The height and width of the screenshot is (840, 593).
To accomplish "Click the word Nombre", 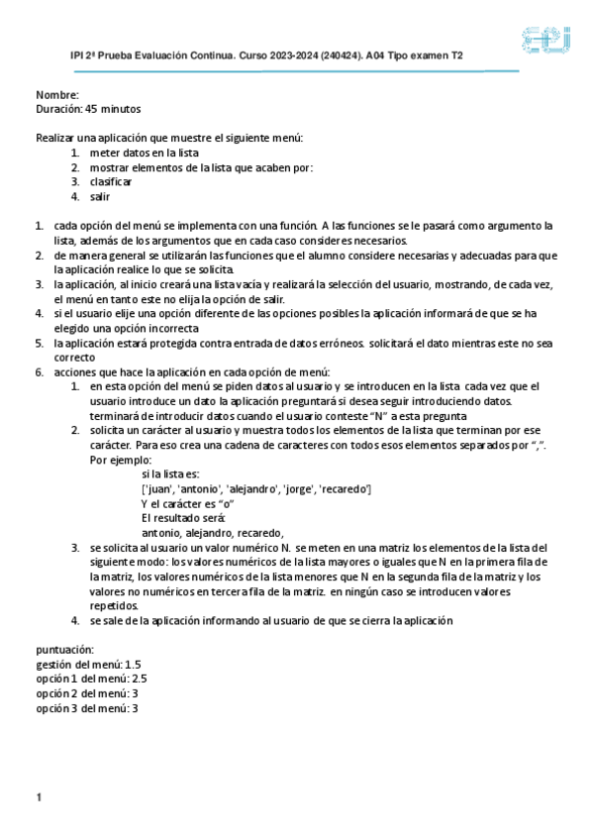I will point(56,95).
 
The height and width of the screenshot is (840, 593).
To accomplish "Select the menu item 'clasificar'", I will point(111,182).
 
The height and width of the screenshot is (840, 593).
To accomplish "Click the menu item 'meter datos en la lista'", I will point(145,154).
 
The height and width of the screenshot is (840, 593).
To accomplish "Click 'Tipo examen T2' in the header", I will point(431,57).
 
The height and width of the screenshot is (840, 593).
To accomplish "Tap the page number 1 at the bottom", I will point(38,797).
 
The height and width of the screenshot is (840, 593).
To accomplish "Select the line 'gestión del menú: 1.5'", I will point(88,665).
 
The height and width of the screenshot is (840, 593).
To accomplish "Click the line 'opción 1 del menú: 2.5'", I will point(91,680).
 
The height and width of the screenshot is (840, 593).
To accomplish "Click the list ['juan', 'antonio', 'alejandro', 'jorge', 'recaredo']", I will point(256,489).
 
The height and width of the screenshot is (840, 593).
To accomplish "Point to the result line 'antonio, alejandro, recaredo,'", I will point(213,532).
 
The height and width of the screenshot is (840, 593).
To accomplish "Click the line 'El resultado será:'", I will point(183,518).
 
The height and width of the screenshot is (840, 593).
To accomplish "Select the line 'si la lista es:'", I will point(174,475).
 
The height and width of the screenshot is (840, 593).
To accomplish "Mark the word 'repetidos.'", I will point(114,605).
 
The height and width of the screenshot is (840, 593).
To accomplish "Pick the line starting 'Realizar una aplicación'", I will point(169,138).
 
